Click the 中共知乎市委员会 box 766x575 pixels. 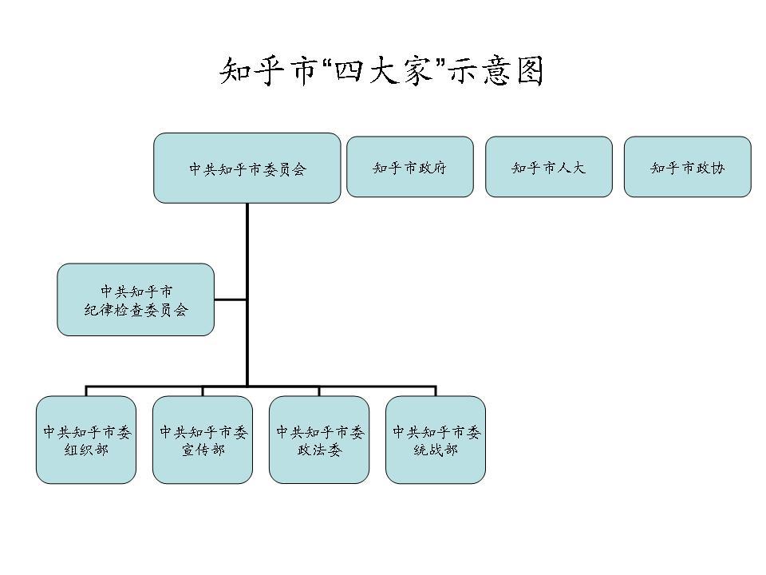247,168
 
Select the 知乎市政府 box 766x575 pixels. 409,167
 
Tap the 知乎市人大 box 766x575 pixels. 548,167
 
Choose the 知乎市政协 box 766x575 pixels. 687,167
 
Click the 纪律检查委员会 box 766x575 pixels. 136,299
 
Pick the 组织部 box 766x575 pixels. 86,439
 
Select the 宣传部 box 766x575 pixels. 203,439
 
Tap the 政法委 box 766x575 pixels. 319,439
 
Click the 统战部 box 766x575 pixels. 436,439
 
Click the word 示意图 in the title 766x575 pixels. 496,71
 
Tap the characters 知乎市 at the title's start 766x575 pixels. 267,71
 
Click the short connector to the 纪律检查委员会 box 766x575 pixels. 231,300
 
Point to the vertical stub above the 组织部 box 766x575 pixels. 86,391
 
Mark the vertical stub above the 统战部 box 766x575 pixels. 436,391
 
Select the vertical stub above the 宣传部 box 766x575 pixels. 203,391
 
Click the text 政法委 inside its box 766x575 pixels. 319,451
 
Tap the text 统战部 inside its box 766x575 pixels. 436,451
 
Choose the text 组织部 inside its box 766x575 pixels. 86,451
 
